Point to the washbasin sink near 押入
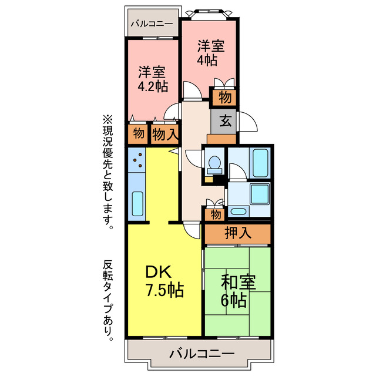click(x=238, y=211)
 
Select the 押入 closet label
click(x=237, y=233)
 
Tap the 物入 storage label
click(x=164, y=133)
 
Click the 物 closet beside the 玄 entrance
click(x=224, y=96)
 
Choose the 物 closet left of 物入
click(x=138, y=133)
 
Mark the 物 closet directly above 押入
click(x=215, y=214)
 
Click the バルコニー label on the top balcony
click(x=152, y=24)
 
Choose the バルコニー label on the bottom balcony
click(x=202, y=354)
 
